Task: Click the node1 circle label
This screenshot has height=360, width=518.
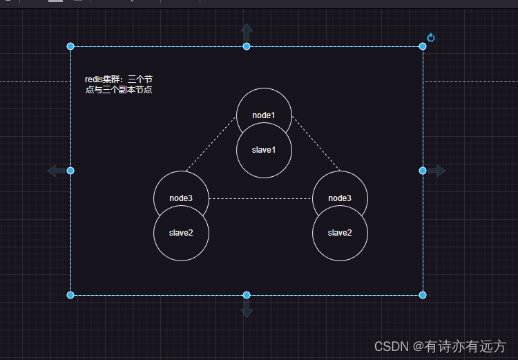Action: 264,115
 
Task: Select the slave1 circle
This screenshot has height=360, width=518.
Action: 264,150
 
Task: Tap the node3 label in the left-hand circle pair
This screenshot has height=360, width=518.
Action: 181,198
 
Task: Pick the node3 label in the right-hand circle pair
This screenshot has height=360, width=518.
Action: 340,198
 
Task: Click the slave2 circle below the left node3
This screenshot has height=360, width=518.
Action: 181,233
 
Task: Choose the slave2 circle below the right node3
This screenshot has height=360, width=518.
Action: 340,233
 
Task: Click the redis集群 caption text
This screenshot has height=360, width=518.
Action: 119,85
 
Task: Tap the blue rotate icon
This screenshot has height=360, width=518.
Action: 431,37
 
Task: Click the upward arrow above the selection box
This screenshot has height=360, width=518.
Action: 247,31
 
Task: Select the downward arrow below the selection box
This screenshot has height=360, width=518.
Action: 247,310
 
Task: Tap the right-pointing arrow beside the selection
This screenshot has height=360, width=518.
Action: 437,171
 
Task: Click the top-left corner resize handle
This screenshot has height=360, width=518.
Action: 70,46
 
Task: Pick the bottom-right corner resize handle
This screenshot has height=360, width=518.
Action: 423,295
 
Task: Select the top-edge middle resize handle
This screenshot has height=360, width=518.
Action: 247,46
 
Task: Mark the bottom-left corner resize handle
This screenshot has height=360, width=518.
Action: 70,295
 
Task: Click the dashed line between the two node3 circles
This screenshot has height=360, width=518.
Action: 260,199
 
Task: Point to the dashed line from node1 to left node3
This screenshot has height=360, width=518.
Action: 210,145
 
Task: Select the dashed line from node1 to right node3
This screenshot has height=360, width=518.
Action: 316,144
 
